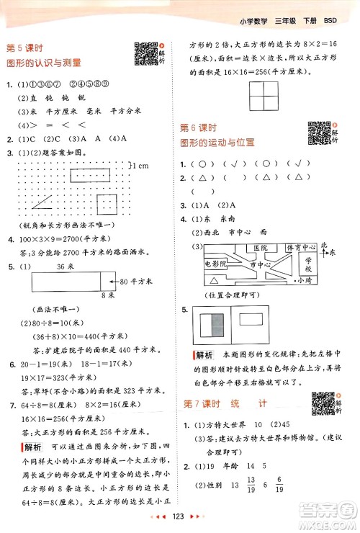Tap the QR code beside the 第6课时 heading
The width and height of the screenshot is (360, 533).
pos(319,133)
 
